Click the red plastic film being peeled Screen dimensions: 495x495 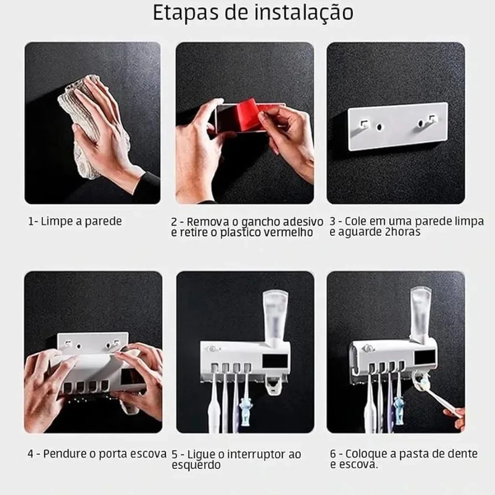coord(246,113)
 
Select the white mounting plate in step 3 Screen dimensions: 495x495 coord(398,126)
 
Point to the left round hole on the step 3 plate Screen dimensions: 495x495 coord(379,127)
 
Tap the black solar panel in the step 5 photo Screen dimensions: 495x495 coord(275,361)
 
